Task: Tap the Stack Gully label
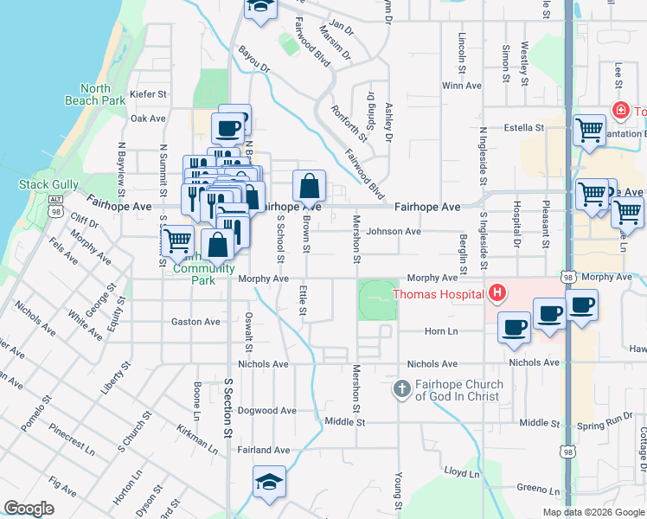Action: click(48, 184)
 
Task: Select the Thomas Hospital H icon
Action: click(497, 294)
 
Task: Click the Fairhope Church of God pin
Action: click(401, 389)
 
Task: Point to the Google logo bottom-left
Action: click(29, 509)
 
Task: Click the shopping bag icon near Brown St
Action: click(309, 186)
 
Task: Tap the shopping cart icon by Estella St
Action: click(589, 131)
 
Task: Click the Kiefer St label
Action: click(147, 93)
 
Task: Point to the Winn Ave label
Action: click(461, 86)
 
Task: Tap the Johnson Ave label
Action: click(394, 232)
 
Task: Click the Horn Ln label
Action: click(440, 331)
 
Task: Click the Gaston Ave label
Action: click(195, 322)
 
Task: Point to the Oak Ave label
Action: click(147, 119)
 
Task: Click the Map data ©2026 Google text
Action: click(593, 512)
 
